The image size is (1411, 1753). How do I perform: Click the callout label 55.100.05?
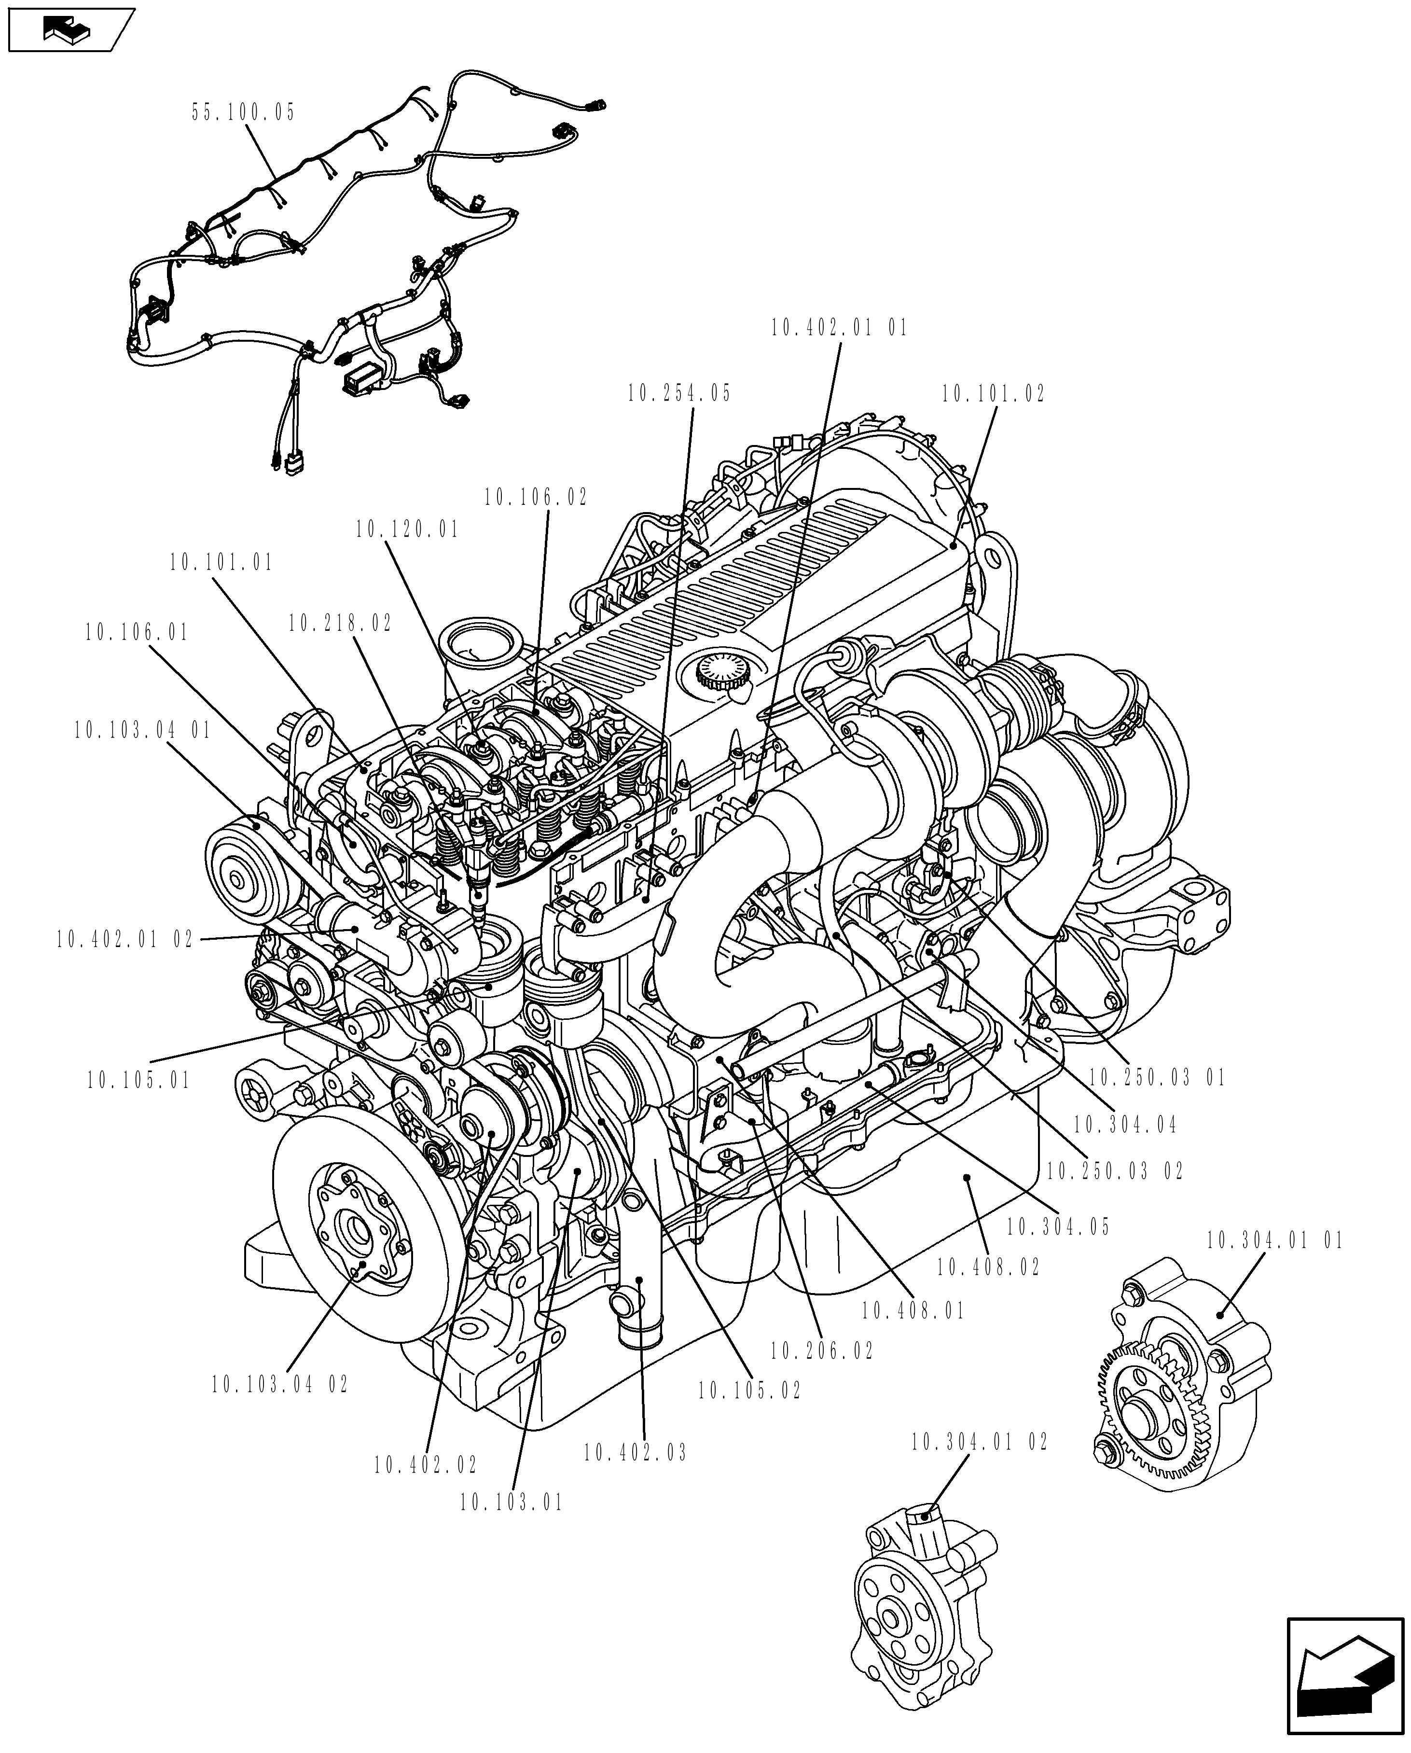pos(243,112)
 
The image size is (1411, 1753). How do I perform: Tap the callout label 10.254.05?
pos(679,393)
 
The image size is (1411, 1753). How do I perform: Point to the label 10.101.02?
pos(993,394)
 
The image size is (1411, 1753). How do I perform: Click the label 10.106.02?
pos(536,498)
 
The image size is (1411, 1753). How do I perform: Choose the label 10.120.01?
pos(407,530)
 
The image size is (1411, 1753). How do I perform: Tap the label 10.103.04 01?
pos(142,730)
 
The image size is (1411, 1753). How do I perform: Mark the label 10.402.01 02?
pos(125,940)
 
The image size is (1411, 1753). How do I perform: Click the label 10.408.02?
pos(987,1267)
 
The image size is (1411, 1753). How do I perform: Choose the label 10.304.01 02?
pos(980,1442)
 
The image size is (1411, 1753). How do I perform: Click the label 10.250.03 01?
pos(1156,1078)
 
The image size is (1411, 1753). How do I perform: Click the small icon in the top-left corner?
pos(69,30)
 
